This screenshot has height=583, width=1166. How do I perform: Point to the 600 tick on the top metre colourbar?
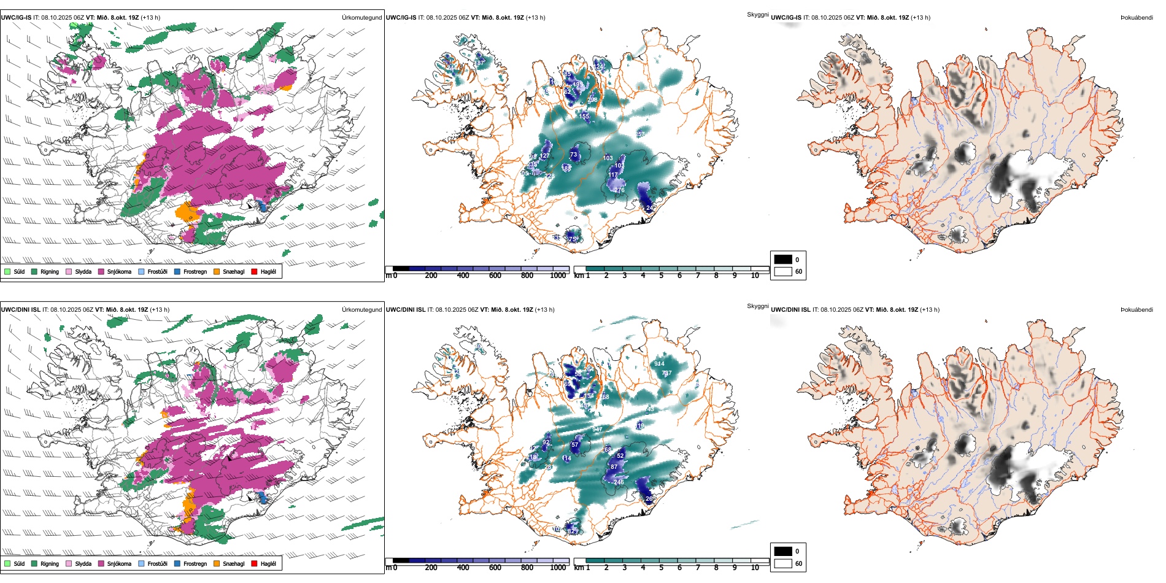495,276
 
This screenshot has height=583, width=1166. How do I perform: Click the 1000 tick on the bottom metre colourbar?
558,568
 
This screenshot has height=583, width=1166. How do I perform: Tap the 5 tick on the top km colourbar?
662,276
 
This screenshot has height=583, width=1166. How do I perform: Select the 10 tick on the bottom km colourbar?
755,568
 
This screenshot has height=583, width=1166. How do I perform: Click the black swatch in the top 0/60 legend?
783,260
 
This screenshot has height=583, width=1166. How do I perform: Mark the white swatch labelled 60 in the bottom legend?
783,563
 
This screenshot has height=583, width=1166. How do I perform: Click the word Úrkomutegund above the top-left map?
361,18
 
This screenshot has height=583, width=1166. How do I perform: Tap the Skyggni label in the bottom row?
757,306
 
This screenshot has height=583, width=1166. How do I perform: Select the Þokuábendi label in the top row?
1137,18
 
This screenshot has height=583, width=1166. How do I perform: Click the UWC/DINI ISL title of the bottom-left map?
20,310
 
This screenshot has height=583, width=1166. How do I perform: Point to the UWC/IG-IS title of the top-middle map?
401,18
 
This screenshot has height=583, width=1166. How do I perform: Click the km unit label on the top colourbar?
578,276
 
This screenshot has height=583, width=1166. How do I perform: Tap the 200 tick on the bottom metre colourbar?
431,568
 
